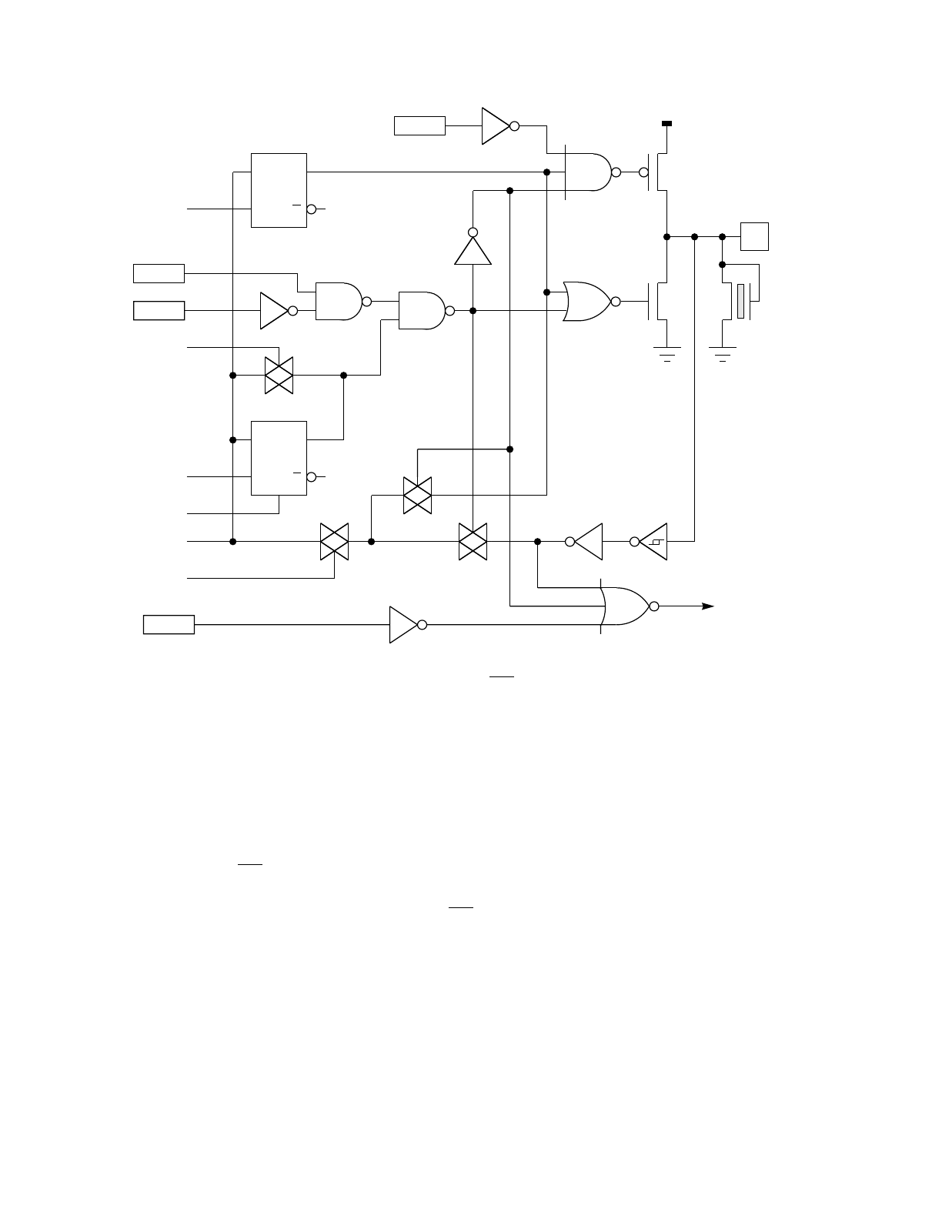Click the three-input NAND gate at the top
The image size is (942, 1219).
(589, 172)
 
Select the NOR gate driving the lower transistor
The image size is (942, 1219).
(587, 301)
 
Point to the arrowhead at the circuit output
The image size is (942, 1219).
(707, 606)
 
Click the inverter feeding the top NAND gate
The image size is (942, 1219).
(497, 125)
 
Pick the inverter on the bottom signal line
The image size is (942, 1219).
(405, 624)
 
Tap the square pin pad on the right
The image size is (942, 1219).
(754, 236)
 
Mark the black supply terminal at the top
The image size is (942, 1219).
(666, 123)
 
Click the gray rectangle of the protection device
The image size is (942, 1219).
(740, 301)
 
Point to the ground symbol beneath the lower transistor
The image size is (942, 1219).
(666, 355)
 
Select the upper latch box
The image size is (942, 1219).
(279, 190)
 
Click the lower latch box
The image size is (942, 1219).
(279, 458)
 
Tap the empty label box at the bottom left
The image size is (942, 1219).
(169, 624)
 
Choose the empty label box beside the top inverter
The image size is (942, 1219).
(419, 125)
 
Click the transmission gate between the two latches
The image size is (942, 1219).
(279, 376)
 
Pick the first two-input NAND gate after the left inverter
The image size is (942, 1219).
(339, 301)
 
